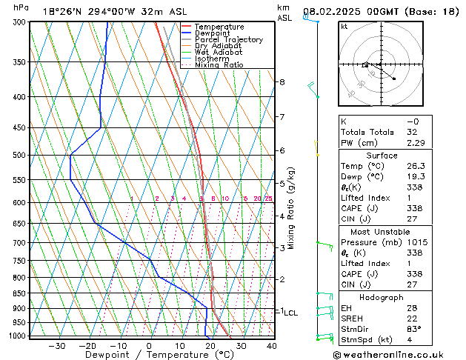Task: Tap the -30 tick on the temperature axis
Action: [x=57, y=345]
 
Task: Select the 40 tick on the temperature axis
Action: [x=271, y=345]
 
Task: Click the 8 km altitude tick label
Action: [x=282, y=81]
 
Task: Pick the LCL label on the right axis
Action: [x=290, y=313]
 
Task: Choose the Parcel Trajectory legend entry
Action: [x=228, y=40]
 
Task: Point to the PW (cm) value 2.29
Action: [x=414, y=143]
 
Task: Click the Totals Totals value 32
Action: [x=413, y=132]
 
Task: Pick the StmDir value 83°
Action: [x=414, y=329]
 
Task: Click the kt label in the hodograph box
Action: [x=344, y=26]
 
